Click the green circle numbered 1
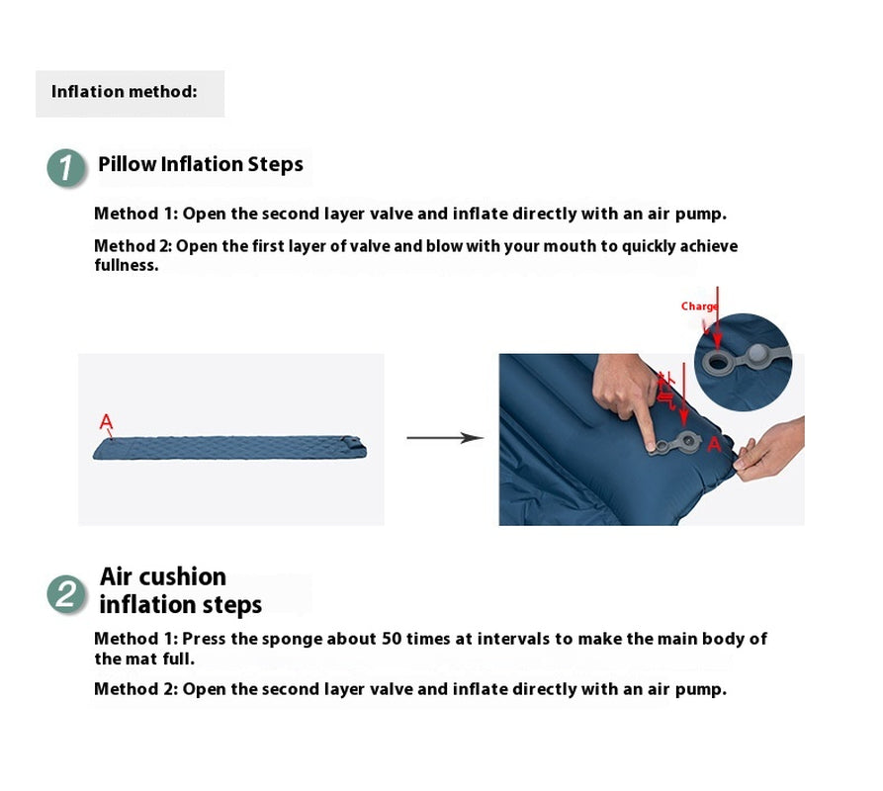[x=66, y=168]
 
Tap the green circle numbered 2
[x=66, y=594]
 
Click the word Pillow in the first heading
[x=128, y=164]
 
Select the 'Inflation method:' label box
[x=131, y=94]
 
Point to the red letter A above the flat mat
[x=106, y=421]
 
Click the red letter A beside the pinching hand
[x=714, y=444]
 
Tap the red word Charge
[x=699, y=307]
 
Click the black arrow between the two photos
[x=445, y=437]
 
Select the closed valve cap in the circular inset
[x=758, y=353]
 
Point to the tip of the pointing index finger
[x=651, y=448]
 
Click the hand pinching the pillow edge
[x=769, y=449]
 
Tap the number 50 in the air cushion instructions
[x=392, y=639]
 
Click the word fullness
[x=127, y=265]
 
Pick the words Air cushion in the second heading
[x=163, y=576]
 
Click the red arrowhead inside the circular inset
[x=717, y=339]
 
